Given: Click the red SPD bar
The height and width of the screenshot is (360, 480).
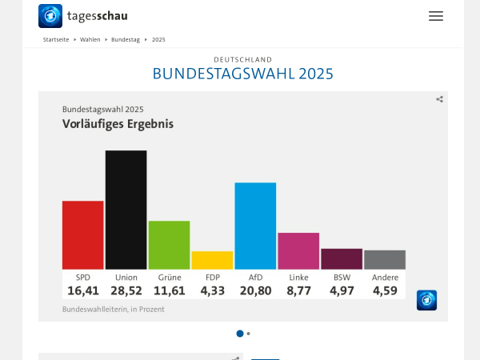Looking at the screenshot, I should (82, 234).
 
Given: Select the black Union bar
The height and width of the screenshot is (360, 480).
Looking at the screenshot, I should (126, 210).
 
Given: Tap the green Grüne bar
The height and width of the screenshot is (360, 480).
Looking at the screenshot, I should (169, 245).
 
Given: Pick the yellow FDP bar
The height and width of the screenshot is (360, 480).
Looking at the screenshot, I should (212, 260).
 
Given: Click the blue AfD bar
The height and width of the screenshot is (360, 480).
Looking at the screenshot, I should (255, 226).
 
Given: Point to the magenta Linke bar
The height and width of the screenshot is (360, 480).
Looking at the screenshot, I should (298, 250).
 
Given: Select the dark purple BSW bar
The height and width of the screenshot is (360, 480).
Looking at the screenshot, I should (342, 258).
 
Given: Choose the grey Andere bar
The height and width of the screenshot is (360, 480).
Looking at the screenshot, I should (385, 259).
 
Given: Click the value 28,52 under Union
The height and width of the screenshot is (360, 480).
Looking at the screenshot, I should (126, 290).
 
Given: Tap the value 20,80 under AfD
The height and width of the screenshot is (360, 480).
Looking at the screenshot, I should (255, 290).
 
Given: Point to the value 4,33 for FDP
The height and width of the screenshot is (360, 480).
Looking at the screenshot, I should (212, 290).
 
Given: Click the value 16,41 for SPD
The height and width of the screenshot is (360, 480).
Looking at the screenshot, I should (82, 290).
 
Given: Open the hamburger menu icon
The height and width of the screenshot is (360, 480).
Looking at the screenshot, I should (435, 16).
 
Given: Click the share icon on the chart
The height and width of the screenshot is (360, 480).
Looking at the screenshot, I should (439, 99).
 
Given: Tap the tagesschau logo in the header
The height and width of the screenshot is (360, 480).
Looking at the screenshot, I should (83, 16).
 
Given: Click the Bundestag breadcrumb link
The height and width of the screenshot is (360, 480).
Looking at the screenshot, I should (125, 39).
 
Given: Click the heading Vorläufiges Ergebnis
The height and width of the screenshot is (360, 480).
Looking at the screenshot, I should (118, 124).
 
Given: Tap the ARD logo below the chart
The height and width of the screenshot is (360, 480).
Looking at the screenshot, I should (427, 300).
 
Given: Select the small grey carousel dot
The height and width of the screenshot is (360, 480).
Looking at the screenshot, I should (249, 334).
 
